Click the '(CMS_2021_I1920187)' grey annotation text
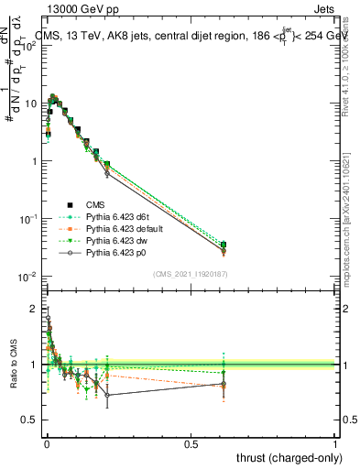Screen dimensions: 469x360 coord(190,274)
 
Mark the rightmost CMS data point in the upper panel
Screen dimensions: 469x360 coord(223,245)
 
